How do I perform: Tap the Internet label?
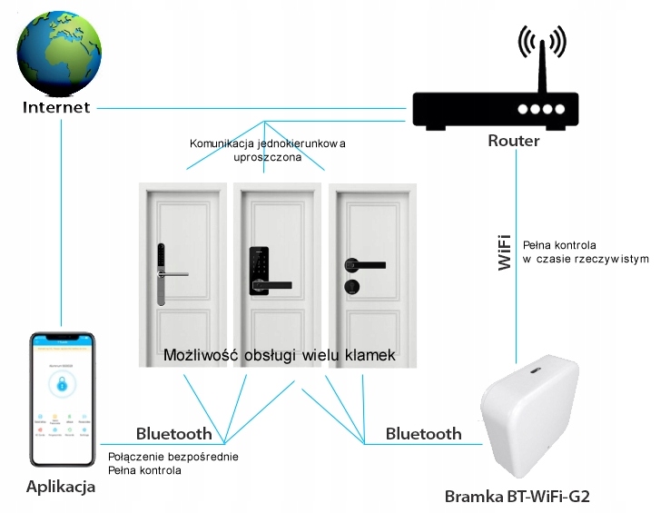[x=56, y=108]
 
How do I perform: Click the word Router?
[x=514, y=141]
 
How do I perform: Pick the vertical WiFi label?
[x=506, y=252]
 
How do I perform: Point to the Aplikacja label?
[x=61, y=488]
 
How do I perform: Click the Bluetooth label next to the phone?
[x=173, y=433]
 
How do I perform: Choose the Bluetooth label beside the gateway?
[x=423, y=433]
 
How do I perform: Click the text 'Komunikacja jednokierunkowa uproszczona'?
[x=268, y=151]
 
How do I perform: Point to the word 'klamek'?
[x=370, y=354]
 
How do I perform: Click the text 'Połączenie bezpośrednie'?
[x=172, y=457]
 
